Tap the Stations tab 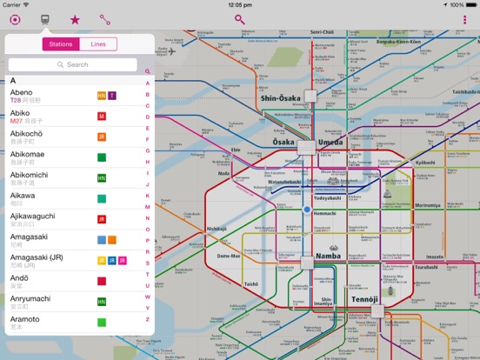click(61, 43)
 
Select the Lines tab click(98, 43)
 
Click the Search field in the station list click(73, 64)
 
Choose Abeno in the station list click(22, 92)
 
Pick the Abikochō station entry click(27, 134)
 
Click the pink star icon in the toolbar click(75, 19)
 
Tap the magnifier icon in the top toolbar click(239, 19)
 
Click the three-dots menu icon click(465, 19)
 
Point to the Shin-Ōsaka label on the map click(280, 98)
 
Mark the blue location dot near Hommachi click(306, 210)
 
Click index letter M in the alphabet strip click(148, 206)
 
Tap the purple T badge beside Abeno click(112, 95)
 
